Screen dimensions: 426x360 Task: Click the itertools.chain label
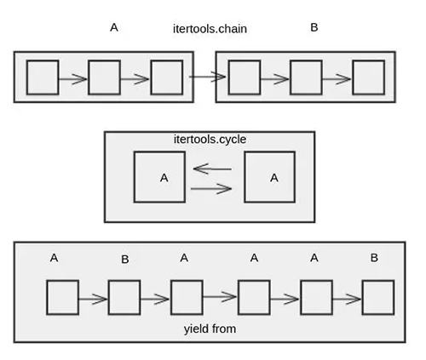210,29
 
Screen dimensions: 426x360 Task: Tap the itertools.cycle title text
210,140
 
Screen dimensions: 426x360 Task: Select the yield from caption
210,329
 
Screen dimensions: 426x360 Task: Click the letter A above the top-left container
114,27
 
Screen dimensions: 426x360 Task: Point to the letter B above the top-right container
314,27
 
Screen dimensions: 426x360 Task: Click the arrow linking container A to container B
207,77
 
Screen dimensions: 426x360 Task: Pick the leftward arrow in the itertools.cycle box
212,169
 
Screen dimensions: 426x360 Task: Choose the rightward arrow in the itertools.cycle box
211,188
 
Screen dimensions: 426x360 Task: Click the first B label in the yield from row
125,259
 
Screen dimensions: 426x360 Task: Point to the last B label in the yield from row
374,258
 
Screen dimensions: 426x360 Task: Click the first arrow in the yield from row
93,299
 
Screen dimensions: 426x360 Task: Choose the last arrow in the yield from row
347,299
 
